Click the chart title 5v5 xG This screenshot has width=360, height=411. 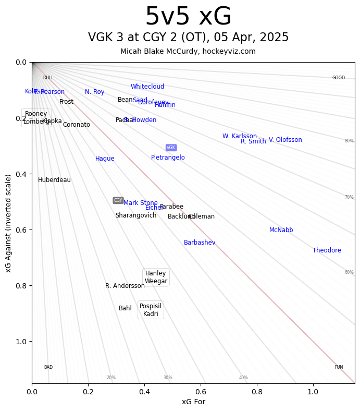(188, 17)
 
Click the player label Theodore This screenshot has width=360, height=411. (327, 250)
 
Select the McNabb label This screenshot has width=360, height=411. (281, 230)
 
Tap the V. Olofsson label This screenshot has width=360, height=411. (285, 140)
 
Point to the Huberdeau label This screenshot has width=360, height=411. (54, 180)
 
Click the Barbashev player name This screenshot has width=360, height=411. (200, 243)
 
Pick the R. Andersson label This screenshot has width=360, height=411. (125, 286)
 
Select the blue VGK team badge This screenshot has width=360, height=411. (171, 148)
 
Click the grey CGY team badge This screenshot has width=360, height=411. (118, 200)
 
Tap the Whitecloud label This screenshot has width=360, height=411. (147, 87)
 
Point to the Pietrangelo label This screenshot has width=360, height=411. (168, 158)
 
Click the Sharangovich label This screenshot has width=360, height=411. (135, 215)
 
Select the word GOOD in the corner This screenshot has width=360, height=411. (339, 78)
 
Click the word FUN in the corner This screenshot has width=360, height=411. (339, 367)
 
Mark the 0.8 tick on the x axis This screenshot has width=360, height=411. (257, 392)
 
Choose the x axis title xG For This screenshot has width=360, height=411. (193, 402)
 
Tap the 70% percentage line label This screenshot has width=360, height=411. (349, 197)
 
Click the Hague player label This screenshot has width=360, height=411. (105, 159)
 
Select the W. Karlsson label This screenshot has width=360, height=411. (240, 136)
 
